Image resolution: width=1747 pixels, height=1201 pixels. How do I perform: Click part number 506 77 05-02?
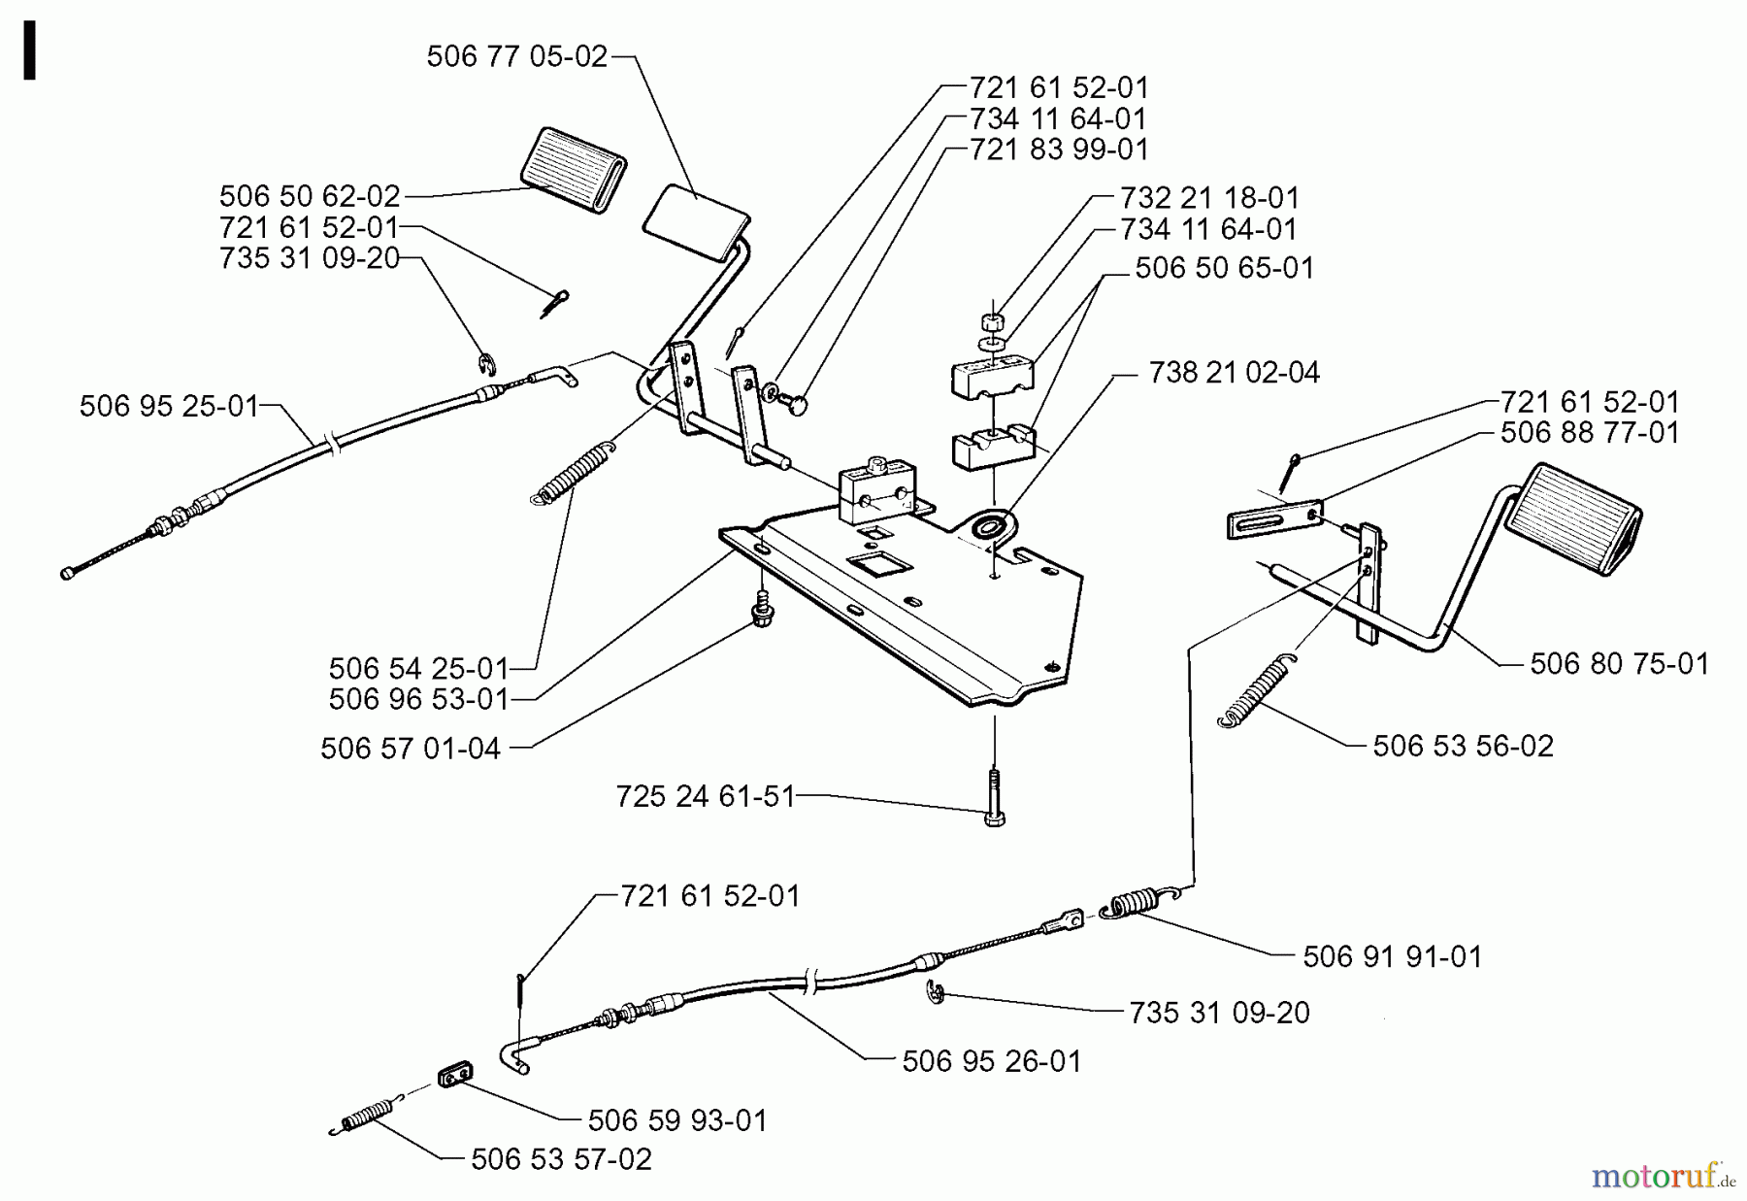(x=516, y=56)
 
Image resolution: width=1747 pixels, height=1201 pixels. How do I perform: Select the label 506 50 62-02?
(x=309, y=196)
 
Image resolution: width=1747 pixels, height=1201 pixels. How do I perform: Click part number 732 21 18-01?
(x=1208, y=197)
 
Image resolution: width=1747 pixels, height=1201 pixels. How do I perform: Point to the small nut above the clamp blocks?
(x=991, y=321)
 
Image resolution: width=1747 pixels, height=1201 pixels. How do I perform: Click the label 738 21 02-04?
(x=1234, y=373)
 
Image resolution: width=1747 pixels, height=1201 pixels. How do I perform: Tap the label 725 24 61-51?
(x=705, y=796)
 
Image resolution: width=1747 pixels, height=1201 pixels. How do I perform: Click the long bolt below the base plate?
(x=994, y=798)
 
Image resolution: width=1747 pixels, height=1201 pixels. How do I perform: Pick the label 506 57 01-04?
(x=411, y=749)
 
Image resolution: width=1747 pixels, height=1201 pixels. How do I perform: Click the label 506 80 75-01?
(x=1619, y=664)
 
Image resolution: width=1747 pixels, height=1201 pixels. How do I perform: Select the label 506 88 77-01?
(x=1589, y=432)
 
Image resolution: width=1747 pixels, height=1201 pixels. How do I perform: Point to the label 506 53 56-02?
(x=1463, y=746)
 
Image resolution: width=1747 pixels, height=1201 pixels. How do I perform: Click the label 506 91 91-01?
(x=1392, y=956)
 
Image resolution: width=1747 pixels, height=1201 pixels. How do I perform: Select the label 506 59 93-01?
(x=676, y=1120)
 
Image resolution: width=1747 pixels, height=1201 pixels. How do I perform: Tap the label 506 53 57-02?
(x=561, y=1159)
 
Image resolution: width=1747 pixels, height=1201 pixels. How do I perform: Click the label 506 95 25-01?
(x=169, y=405)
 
